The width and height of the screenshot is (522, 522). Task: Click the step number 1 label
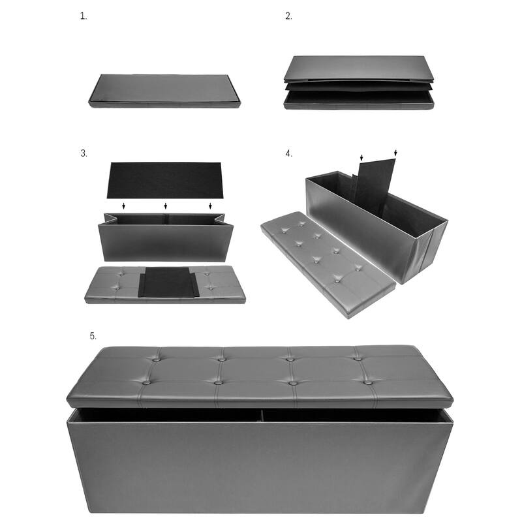pyautogui.click(x=84, y=16)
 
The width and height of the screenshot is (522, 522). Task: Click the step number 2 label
pyautogui.click(x=288, y=16)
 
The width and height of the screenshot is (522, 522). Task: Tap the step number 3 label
pyautogui.click(x=84, y=153)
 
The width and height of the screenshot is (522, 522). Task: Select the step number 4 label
pyautogui.click(x=288, y=153)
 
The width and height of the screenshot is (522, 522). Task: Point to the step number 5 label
pyautogui.click(x=93, y=336)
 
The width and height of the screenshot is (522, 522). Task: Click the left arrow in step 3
pyautogui.click(x=123, y=206)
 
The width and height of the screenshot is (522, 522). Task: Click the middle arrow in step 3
pyautogui.click(x=166, y=206)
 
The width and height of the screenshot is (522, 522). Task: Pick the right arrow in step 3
pyautogui.click(x=210, y=206)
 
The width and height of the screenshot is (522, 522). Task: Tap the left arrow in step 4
pyautogui.click(x=361, y=157)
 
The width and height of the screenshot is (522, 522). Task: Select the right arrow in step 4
pyautogui.click(x=395, y=153)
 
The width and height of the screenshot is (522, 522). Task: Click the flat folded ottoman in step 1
pyautogui.click(x=164, y=91)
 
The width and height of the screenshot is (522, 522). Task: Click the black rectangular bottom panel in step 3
pyautogui.click(x=165, y=181)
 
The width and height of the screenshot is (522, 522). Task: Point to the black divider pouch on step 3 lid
pyautogui.click(x=168, y=283)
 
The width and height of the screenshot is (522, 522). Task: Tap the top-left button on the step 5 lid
pyautogui.click(x=156, y=360)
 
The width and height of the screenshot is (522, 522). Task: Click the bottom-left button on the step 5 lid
pyautogui.click(x=146, y=383)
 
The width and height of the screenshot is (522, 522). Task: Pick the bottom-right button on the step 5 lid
pyautogui.click(x=367, y=382)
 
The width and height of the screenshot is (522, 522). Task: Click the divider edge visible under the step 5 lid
pyautogui.click(x=262, y=416)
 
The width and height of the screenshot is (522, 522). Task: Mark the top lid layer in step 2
pyautogui.click(x=359, y=69)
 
